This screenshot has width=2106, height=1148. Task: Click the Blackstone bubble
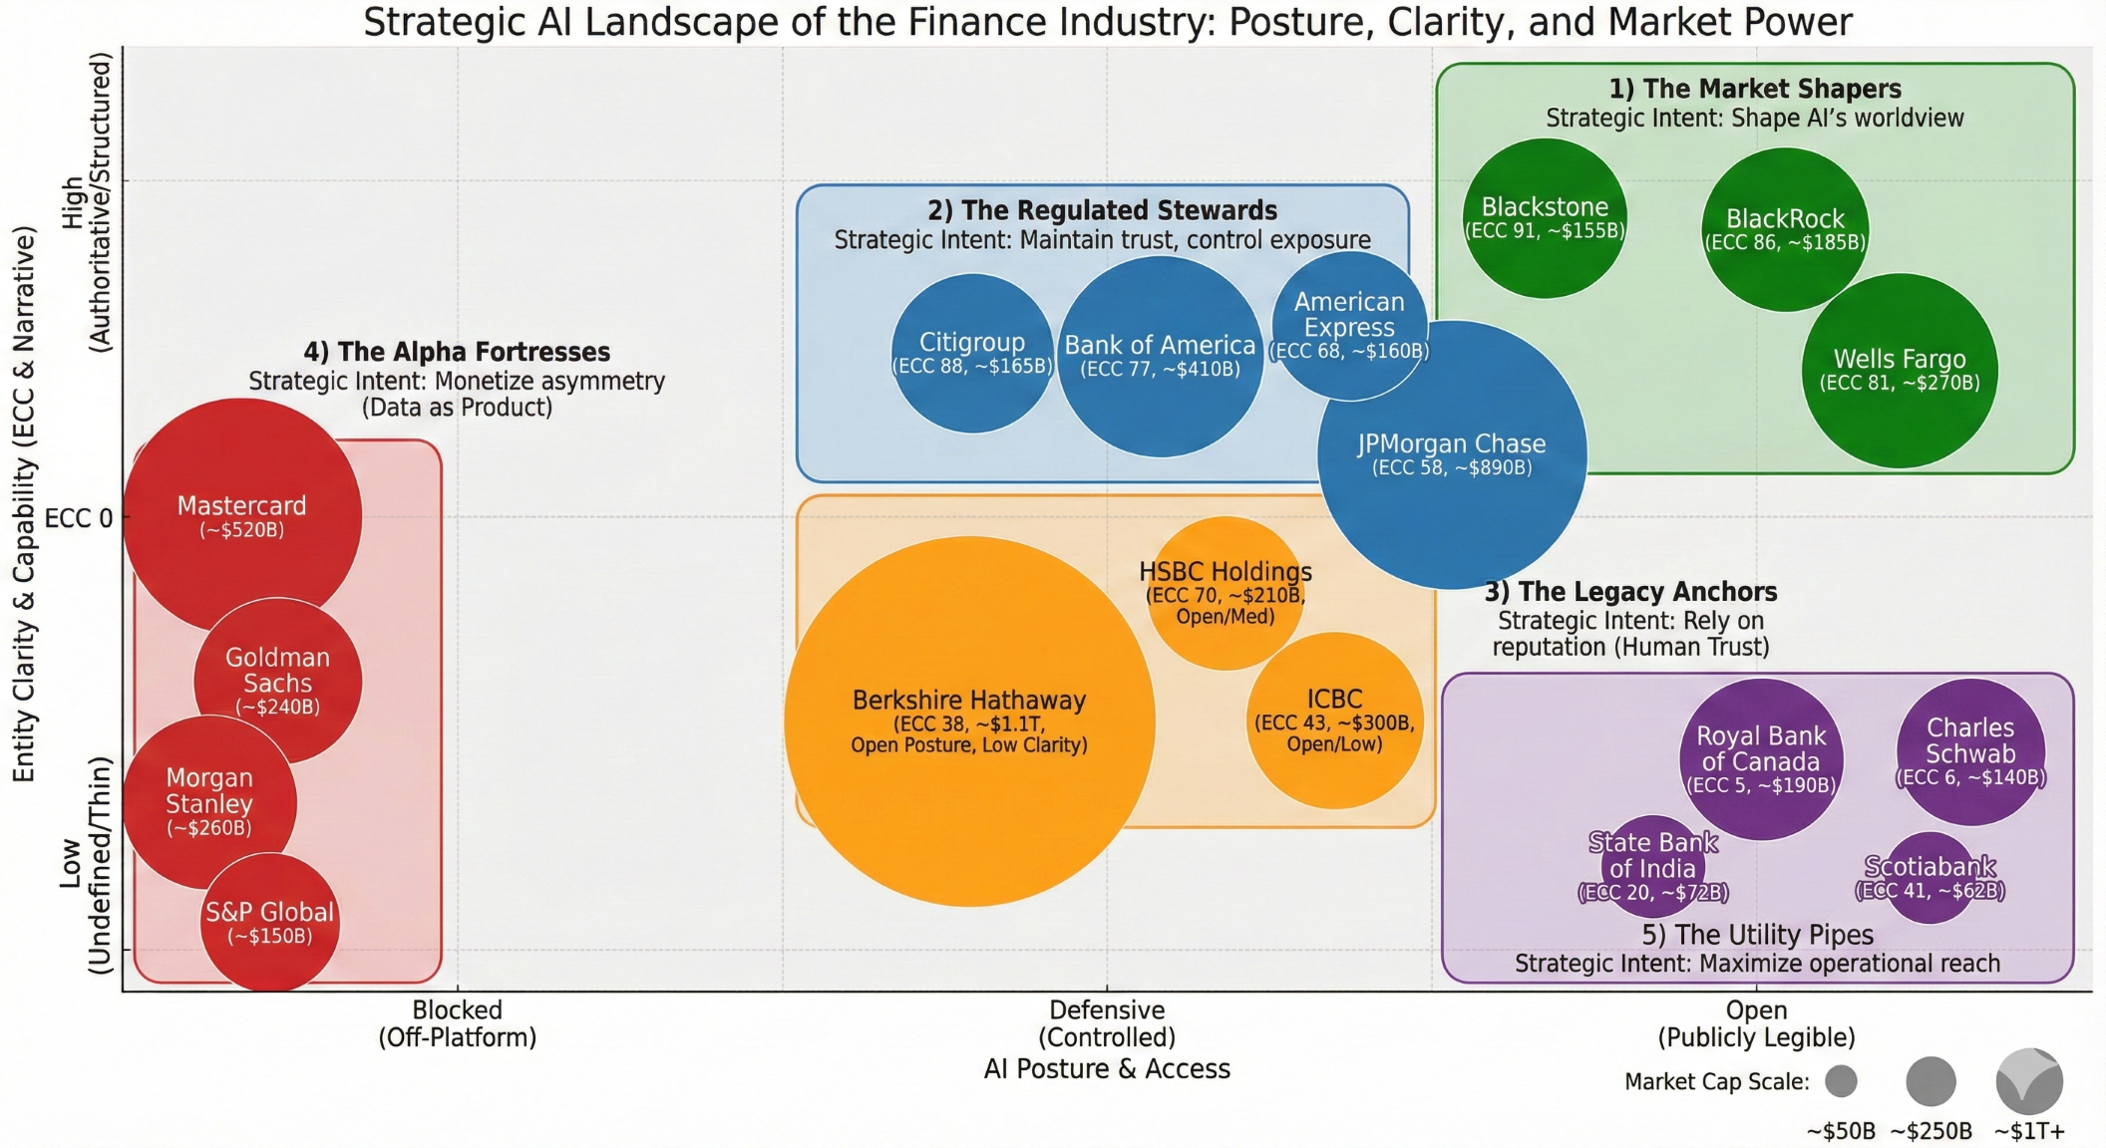(1545, 218)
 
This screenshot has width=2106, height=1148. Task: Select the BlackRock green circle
(1785, 229)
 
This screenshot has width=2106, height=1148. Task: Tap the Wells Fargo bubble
(1900, 370)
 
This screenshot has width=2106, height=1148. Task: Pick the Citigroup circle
(972, 353)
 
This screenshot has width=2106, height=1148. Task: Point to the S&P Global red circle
(269, 923)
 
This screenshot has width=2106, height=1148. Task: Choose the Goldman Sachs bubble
(277, 681)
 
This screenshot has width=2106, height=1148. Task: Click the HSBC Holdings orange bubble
(1226, 592)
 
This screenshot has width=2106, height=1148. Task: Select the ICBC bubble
(1334, 719)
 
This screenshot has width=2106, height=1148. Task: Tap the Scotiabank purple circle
(1930, 877)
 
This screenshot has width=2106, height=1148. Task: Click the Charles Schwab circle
(1970, 751)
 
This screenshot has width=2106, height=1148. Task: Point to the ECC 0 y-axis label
(79, 518)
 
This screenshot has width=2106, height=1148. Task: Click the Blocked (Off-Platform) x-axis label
(457, 1023)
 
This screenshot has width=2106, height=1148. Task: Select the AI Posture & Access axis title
(1107, 1069)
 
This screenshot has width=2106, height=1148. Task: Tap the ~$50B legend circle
(1841, 1080)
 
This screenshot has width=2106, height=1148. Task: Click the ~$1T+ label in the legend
(2029, 1131)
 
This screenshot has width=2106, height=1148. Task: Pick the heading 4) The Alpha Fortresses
(457, 352)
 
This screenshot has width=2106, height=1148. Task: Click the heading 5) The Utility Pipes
(1757, 935)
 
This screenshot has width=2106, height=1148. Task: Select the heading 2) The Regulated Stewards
(1102, 210)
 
